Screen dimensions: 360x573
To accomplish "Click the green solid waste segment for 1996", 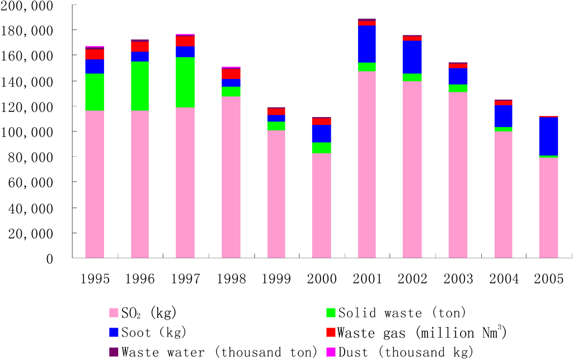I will [x=140, y=86].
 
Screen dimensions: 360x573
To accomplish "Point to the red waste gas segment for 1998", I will [x=231, y=74].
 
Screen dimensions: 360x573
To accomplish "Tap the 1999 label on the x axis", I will [x=276, y=278].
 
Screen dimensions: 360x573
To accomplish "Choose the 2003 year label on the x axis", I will [x=458, y=278].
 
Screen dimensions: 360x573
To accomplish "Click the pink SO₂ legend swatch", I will [x=113, y=312].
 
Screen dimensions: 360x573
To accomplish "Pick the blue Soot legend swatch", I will [x=113, y=333].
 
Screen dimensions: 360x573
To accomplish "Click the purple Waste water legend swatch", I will [x=113, y=352].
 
